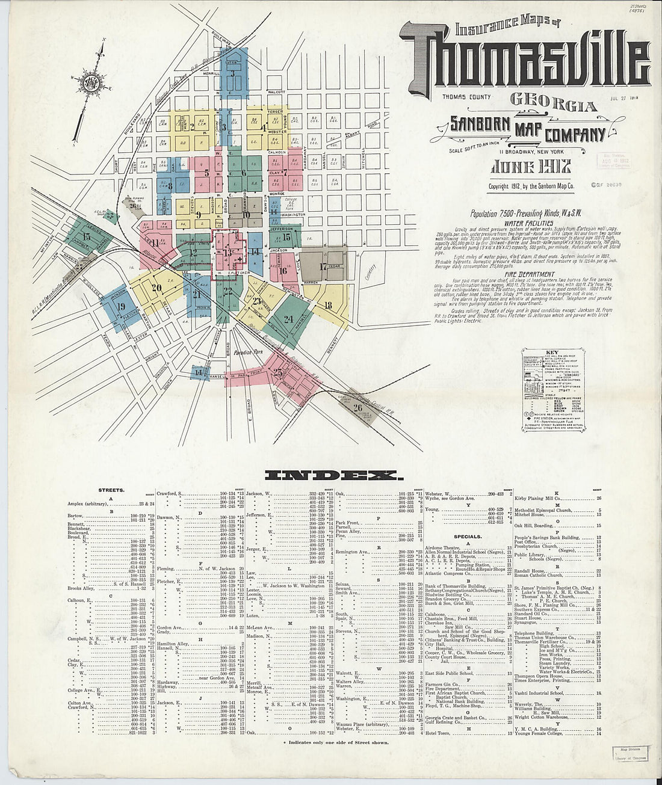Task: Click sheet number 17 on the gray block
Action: [323, 265]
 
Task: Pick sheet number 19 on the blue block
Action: [121, 305]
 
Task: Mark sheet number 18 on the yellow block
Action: [328, 305]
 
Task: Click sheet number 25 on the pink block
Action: [277, 371]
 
